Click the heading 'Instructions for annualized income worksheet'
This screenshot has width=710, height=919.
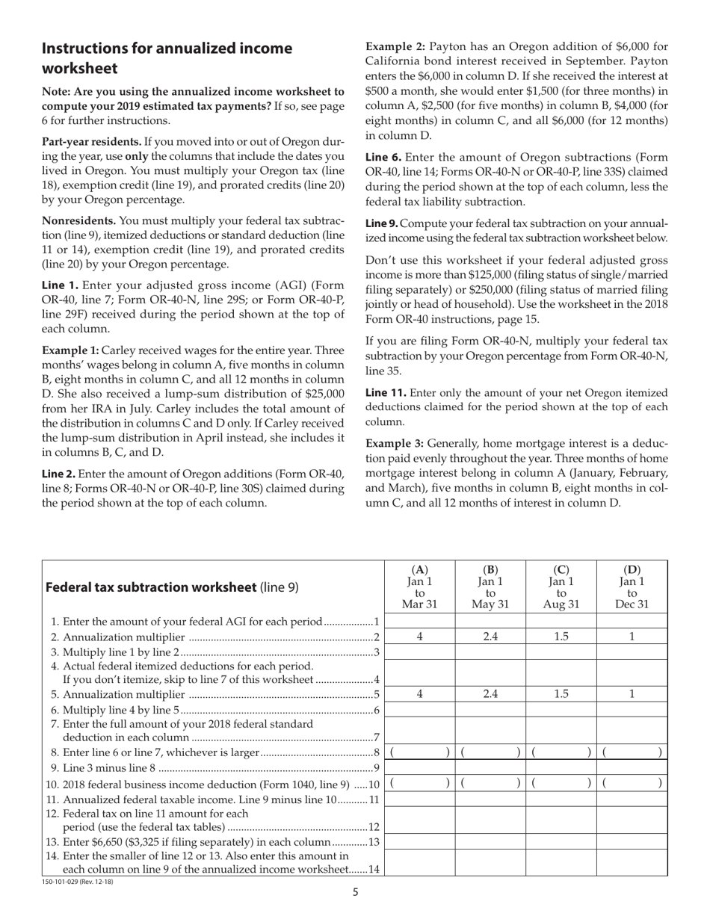167,58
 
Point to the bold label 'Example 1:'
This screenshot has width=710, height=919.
70,350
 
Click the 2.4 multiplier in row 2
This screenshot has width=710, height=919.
490,637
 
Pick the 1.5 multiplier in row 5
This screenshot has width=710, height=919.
561,694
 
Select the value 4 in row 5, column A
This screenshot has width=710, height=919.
419,694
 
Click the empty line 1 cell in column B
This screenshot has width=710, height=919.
490,622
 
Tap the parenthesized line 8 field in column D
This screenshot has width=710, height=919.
632,752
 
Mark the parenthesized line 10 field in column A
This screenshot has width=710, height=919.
419,784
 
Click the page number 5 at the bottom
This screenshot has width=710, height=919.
356,891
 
